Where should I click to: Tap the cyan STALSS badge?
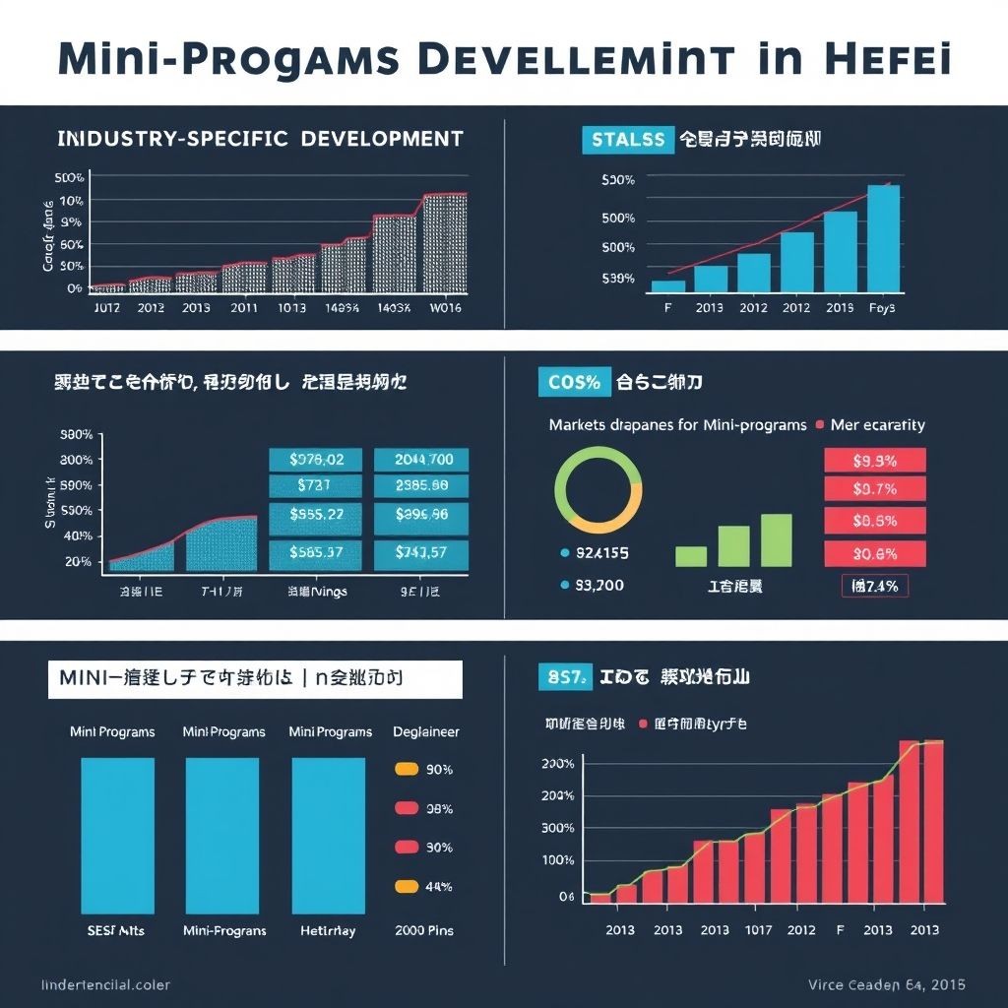tap(626, 140)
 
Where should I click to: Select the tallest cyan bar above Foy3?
tap(883, 238)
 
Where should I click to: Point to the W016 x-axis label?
tap(446, 307)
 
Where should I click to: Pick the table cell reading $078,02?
tap(316, 460)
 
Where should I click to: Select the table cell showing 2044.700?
tap(422, 460)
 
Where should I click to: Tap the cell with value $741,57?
tap(422, 552)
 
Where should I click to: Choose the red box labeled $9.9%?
tap(874, 461)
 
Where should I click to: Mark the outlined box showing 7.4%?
tap(875, 586)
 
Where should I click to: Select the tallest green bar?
tap(777, 539)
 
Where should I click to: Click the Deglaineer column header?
tap(426, 732)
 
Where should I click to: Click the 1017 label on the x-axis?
tap(758, 930)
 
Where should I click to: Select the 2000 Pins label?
tap(423, 930)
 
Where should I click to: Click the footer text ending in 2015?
tap(886, 984)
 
